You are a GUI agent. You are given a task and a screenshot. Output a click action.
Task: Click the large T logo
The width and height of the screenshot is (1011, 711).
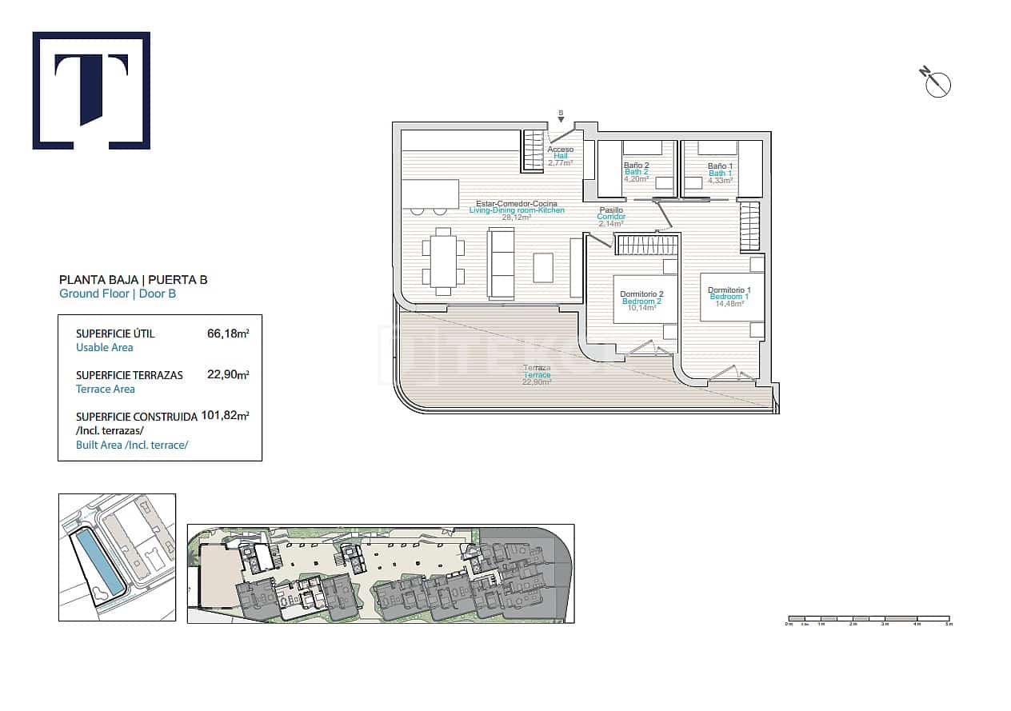(x=91, y=90)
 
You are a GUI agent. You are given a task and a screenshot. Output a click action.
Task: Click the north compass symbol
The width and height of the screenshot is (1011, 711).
(x=937, y=82)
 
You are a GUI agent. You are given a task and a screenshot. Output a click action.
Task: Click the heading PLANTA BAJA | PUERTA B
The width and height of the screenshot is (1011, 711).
(x=134, y=280)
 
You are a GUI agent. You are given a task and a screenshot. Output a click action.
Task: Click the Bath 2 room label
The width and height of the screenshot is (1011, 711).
(x=637, y=172)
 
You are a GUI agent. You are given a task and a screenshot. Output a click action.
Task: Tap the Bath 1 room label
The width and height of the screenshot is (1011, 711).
(x=719, y=172)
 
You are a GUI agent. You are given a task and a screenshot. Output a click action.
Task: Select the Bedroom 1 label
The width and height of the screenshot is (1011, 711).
(x=729, y=297)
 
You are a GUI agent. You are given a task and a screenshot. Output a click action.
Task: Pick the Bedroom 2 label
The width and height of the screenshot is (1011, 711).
(x=641, y=301)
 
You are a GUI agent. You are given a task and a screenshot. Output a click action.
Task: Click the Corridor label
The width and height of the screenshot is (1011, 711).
(x=611, y=217)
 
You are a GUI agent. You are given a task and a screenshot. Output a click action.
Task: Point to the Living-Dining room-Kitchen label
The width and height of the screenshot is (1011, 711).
(x=517, y=210)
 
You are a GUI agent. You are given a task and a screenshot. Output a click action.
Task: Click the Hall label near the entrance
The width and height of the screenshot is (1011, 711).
(x=560, y=156)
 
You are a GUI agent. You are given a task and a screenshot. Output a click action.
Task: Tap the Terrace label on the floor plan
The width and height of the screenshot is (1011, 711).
(x=537, y=374)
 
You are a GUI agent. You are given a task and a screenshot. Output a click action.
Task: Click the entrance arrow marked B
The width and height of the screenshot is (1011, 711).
(x=561, y=116)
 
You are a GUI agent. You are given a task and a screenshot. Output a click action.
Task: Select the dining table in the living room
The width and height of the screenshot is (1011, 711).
(x=443, y=259)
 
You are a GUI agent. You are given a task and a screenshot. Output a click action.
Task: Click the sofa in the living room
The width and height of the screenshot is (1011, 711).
(x=502, y=263)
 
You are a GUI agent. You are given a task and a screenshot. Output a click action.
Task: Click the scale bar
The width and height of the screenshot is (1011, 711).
(x=868, y=619)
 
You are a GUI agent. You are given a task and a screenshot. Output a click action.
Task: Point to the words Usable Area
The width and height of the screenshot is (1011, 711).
(x=105, y=348)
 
